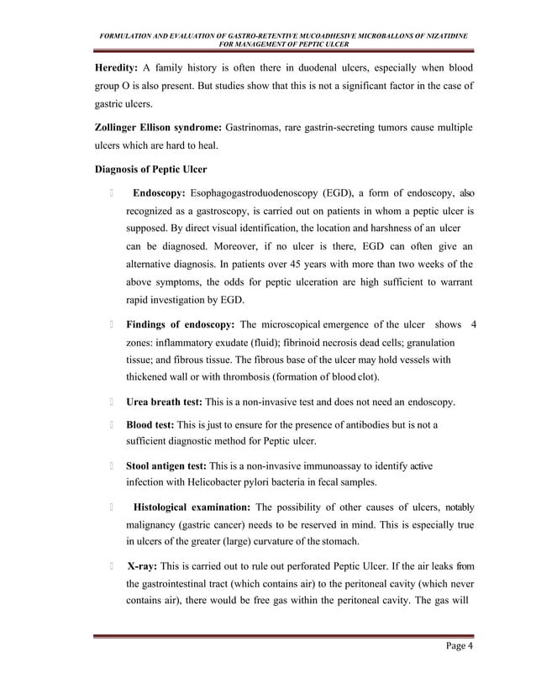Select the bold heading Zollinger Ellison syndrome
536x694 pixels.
click(x=160, y=127)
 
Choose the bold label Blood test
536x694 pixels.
click(x=151, y=425)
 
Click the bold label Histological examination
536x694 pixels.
click(x=186, y=507)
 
